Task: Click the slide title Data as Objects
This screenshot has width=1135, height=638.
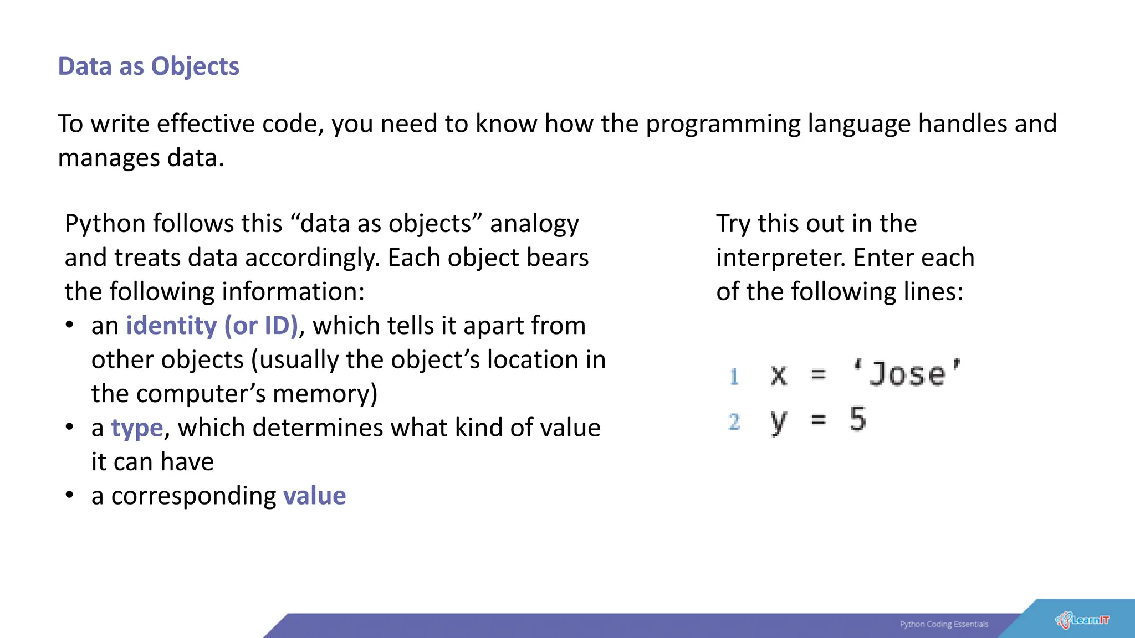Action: point(148,66)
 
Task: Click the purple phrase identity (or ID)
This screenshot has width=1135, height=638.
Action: point(212,326)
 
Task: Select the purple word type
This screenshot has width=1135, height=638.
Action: point(137,428)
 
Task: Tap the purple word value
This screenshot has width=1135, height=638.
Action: point(314,496)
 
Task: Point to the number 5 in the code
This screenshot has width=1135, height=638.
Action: point(857,419)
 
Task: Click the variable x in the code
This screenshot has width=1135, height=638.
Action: point(779,375)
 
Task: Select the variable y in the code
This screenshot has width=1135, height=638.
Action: point(778,422)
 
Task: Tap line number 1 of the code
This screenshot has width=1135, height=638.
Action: point(734,377)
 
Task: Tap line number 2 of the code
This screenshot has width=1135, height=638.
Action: point(734,422)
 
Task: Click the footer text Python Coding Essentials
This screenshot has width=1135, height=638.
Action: point(943,624)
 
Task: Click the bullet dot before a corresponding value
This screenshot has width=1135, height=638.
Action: point(69,495)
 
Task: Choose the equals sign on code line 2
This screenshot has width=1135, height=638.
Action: point(818,420)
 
